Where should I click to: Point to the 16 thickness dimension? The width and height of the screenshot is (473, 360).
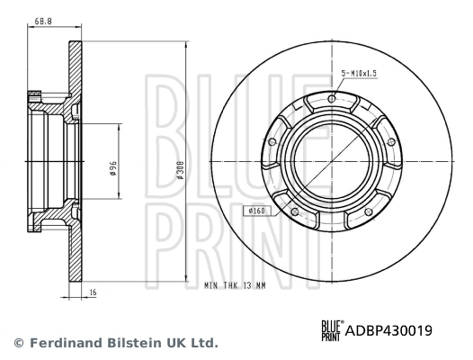click(92, 292)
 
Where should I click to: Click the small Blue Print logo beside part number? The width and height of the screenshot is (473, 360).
click(333, 330)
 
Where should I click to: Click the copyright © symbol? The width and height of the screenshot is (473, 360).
click(17, 343)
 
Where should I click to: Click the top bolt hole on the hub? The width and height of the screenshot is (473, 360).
click(332, 99)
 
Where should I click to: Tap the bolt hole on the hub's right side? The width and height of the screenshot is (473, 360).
click(391, 142)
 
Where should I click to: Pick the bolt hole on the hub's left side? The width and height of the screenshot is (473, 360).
click(273, 142)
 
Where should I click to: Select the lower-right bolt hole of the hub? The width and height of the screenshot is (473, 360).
click(369, 210)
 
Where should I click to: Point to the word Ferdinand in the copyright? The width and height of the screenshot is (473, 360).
click(62, 343)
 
